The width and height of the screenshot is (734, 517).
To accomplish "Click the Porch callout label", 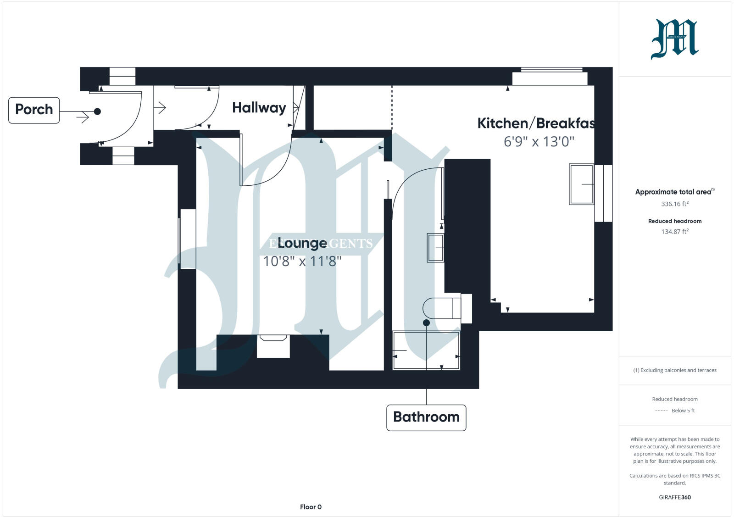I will click(34, 110).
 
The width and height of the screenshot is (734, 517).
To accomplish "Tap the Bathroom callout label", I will click(426, 417).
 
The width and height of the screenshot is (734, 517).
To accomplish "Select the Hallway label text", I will click(259, 108).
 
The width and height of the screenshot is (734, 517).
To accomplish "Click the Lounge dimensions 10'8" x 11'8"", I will click(302, 261).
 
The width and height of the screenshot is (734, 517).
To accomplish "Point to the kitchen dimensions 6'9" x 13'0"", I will click(539, 141).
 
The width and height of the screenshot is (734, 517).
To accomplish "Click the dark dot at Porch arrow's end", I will click(97, 111).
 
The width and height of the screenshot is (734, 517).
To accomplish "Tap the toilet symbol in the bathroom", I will click(443, 308).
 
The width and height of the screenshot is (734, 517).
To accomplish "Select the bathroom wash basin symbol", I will click(435, 248).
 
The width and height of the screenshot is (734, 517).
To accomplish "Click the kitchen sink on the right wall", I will click(581, 184).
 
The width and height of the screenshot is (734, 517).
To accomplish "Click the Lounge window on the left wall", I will click(187, 239).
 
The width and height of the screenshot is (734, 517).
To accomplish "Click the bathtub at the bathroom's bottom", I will click(426, 351).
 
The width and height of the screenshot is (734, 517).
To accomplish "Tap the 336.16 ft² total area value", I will click(674, 204).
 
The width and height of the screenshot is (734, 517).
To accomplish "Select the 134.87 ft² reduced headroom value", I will click(674, 232).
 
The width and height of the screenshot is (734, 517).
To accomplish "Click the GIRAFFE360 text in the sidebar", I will click(674, 497).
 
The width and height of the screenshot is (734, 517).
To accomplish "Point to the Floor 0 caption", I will click(311, 507).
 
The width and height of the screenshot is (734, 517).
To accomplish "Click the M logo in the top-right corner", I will click(674, 39).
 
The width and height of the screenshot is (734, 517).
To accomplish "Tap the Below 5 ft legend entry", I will click(683, 411).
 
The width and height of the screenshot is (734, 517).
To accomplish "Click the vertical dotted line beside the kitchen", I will click(392, 108).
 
